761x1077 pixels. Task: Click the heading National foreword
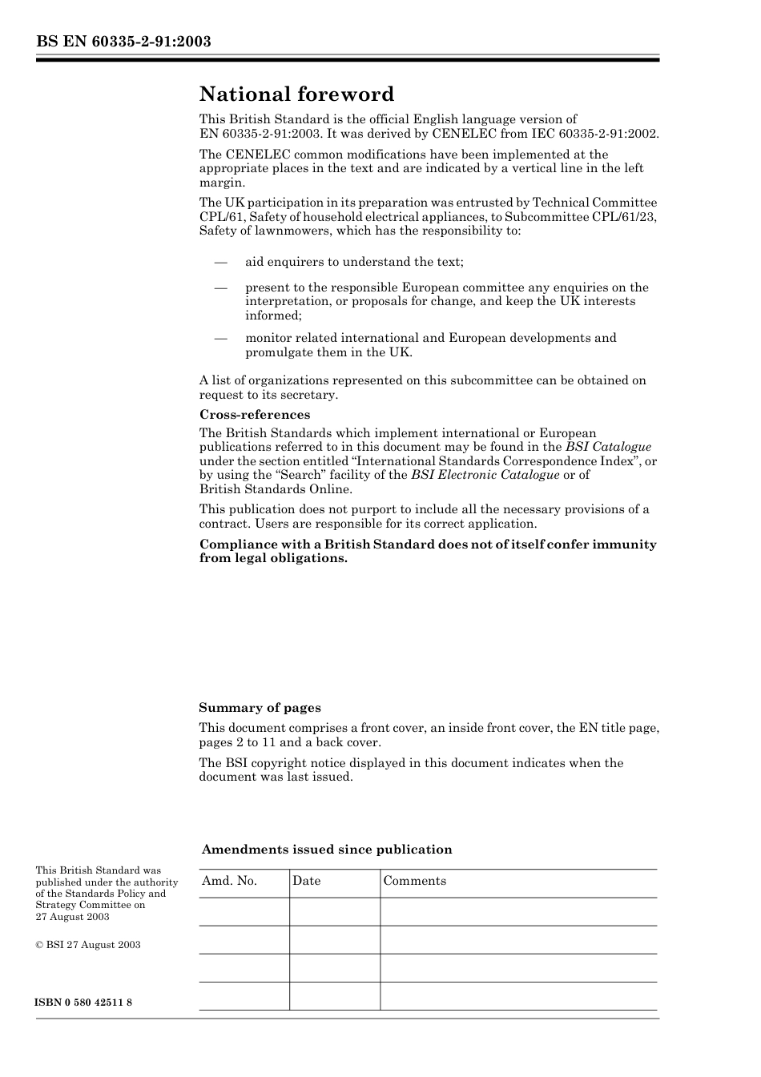[x=296, y=94]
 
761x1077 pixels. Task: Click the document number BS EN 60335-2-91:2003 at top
[x=123, y=42]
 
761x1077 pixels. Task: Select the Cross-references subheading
[x=254, y=415]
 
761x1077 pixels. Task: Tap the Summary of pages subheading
[x=260, y=708]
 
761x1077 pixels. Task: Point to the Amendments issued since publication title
[x=326, y=850]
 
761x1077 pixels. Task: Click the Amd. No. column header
[x=229, y=881]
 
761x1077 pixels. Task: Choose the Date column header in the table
[x=306, y=881]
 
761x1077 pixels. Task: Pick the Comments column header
[x=414, y=881]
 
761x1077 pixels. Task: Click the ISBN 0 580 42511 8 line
[x=84, y=1003]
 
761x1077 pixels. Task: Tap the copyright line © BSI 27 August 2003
[x=88, y=945]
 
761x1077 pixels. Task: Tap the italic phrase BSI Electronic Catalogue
[x=485, y=475]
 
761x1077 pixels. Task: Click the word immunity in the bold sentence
[x=624, y=545]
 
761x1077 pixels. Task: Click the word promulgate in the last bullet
[x=278, y=352]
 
